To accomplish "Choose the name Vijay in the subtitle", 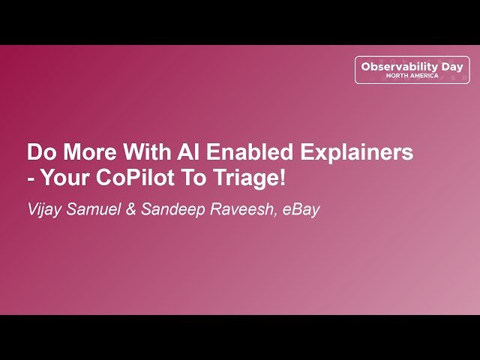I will [44, 209].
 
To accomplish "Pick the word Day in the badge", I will [453, 67].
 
